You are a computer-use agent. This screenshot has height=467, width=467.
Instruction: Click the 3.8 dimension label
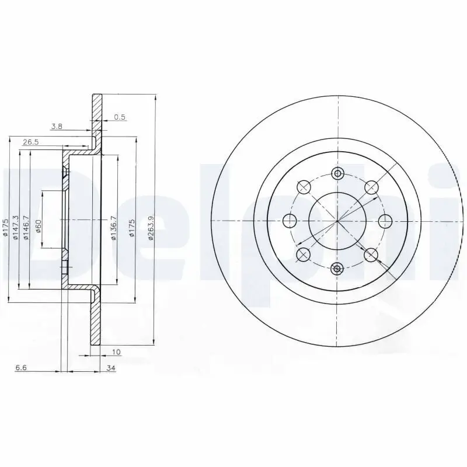pos(57,126)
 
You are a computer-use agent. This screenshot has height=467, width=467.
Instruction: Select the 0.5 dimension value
pos(120,117)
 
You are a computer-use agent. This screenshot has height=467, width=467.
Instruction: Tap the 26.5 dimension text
pos(30,142)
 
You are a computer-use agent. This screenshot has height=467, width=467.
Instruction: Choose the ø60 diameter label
pos(39,226)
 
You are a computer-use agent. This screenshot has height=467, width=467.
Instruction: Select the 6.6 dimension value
pos(21,368)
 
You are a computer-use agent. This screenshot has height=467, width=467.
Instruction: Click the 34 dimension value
pos(111,368)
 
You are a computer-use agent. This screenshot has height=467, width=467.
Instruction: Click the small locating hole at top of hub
pos(337,173)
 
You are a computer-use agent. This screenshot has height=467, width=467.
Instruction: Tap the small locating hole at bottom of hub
pos(337,269)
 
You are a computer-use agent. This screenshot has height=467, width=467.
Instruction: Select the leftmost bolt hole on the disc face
pos(289,221)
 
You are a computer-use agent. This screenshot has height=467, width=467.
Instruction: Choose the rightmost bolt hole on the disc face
pos(385,221)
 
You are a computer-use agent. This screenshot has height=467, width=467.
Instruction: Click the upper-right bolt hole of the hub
pos(371,187)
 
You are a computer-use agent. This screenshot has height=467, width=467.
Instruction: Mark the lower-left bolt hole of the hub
pos(303,255)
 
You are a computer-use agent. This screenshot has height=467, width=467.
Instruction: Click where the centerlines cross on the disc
pos(337,221)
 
